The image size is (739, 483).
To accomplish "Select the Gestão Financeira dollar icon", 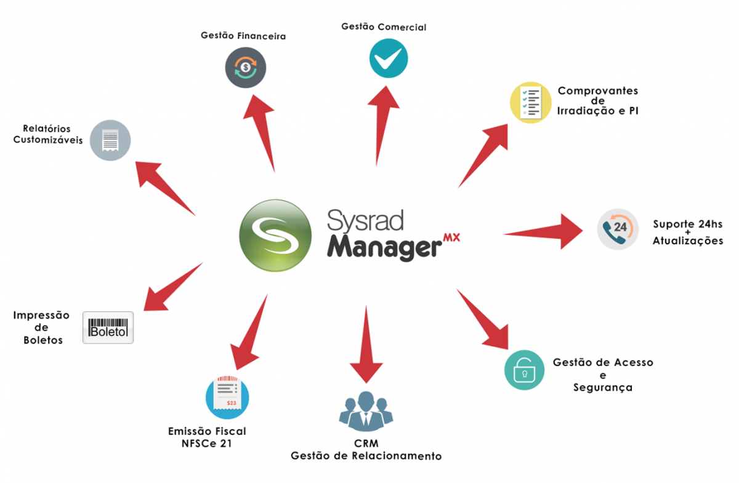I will (245, 67).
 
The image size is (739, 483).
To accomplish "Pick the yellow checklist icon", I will (530, 103).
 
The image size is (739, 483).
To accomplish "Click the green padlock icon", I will (525, 370).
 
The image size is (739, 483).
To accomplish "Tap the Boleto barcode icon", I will (108, 327).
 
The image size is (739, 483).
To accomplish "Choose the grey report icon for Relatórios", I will (110, 140).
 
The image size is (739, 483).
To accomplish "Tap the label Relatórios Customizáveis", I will (47, 134).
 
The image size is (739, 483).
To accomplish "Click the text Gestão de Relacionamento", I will (366, 456).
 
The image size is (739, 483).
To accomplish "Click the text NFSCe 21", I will (207, 443).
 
